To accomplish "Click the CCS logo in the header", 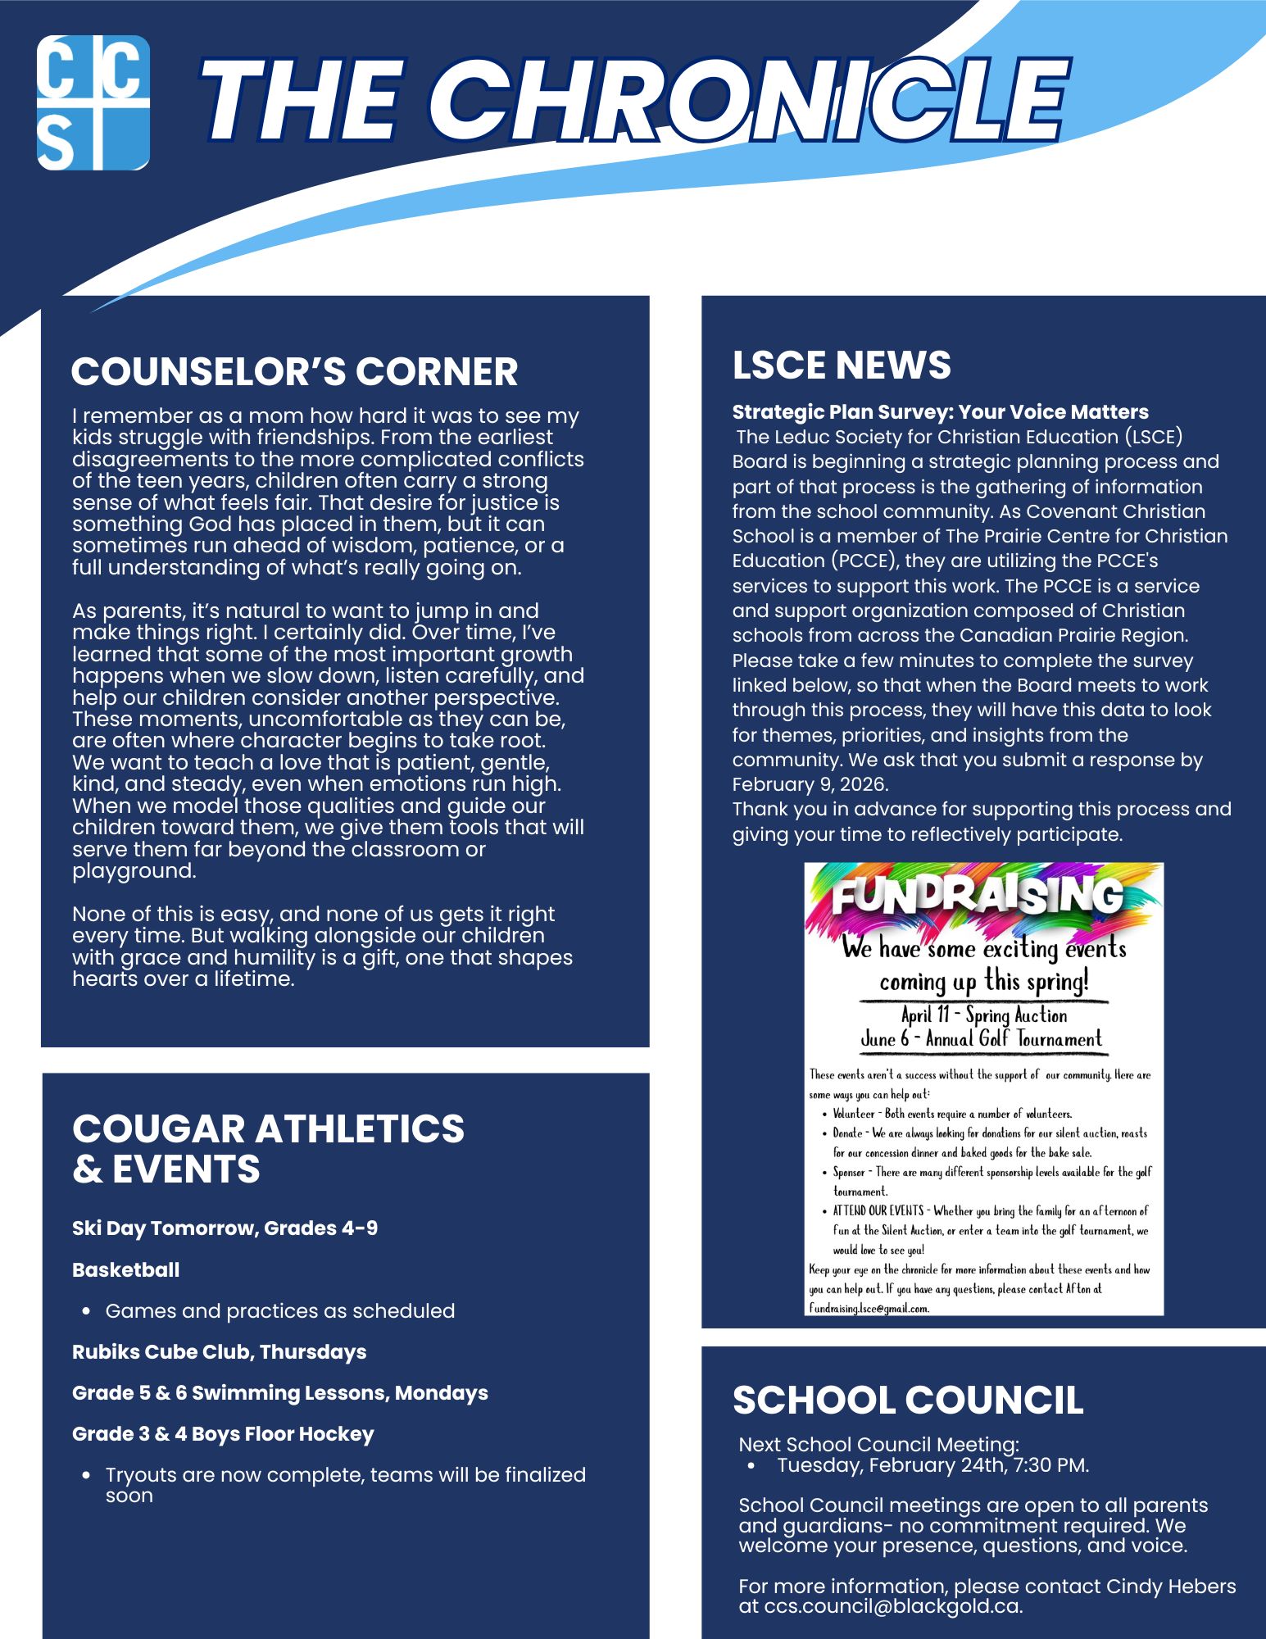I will pos(93,102).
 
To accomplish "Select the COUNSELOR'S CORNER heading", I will pos(294,371).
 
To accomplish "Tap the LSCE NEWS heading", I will pos(842,365).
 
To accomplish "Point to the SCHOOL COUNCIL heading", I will pos(908,1401).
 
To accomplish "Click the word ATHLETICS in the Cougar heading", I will pos(360,1128).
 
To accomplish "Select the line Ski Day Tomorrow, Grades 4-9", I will pos(225,1228).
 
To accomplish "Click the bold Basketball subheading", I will pos(125,1269).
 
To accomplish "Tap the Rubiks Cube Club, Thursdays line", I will pos(219,1351).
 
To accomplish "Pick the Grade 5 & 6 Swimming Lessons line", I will pos(279,1392).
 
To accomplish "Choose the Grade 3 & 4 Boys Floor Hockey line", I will pos(223,1433).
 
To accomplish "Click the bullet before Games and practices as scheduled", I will pos(86,1311).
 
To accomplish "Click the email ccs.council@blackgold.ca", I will pos(892,1605).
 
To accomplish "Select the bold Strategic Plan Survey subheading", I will pos(940,411).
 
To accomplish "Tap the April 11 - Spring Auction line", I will pos(984,1015).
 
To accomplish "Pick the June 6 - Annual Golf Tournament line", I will pos(981,1039).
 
